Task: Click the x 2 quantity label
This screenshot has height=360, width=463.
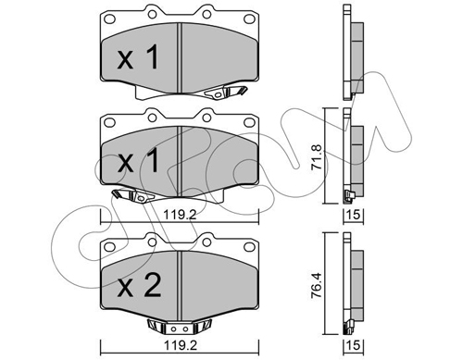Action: click(x=140, y=286)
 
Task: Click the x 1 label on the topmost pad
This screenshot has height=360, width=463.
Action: click(x=138, y=57)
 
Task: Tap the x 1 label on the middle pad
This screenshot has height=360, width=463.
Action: click(x=138, y=160)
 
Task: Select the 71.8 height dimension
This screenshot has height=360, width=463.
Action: click(x=317, y=155)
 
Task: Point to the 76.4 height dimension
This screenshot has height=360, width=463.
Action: click(x=317, y=284)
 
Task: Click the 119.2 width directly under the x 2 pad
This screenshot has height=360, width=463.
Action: click(x=180, y=345)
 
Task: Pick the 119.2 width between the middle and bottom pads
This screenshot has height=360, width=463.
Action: click(x=180, y=214)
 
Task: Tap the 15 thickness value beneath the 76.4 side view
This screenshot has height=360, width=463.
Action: click(x=355, y=345)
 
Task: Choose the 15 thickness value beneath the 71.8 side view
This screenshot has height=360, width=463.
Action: click(x=355, y=214)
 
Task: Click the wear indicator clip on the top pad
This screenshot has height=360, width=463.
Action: click(x=225, y=92)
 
